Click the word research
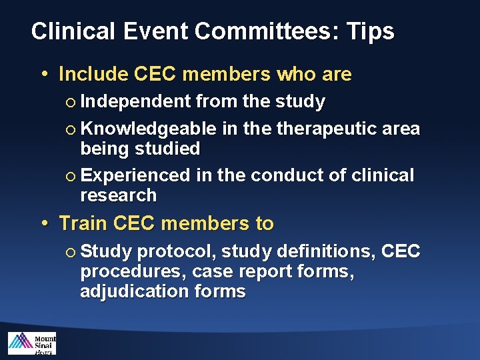[x=119, y=195]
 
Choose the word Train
[x=84, y=223]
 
